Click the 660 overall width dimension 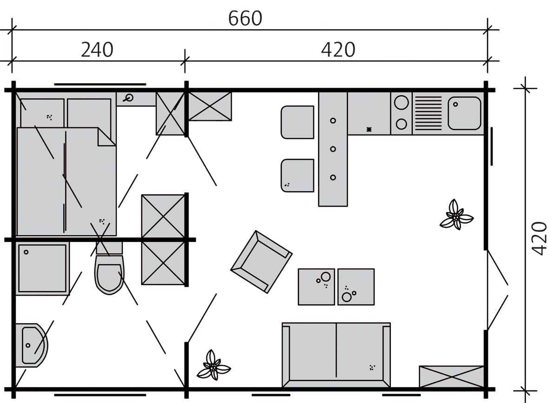pos(245,19)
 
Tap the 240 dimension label pos(97,50)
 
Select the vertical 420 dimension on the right pos(539,238)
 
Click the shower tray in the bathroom pos(42,268)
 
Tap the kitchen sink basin pos(464,113)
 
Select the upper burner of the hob pos(401,102)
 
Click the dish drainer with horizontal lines pos(428,113)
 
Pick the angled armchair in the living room pos(261,262)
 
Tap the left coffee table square pos(316,286)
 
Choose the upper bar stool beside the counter pos(298,122)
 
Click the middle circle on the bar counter pos(333,149)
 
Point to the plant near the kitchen pos(456,216)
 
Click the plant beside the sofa pos(213,366)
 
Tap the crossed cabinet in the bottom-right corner pos(451,376)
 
